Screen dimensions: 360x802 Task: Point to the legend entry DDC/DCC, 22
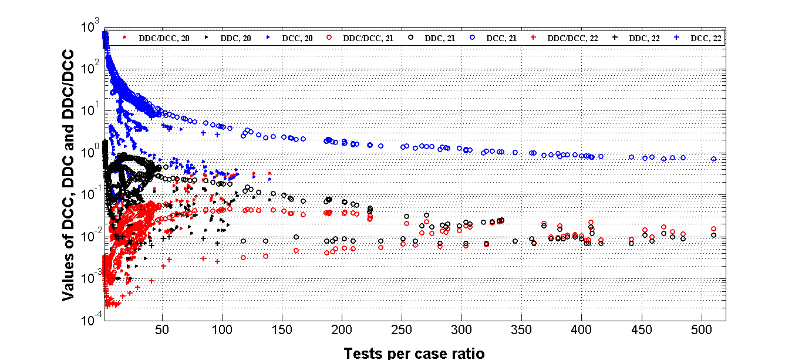(x=572, y=38)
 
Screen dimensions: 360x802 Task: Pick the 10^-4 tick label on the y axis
(x=92, y=321)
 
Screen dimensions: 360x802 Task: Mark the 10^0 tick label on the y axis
(x=92, y=153)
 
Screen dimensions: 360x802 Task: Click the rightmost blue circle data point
(x=713, y=159)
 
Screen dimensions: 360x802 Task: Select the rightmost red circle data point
(x=713, y=228)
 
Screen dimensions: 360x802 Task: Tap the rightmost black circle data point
(x=713, y=235)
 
